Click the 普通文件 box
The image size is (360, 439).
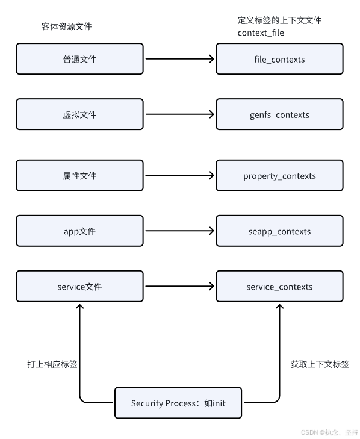click(79, 59)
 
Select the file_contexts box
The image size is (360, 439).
click(279, 59)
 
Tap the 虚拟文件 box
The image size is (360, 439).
click(79, 114)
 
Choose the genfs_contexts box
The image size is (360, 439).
click(279, 114)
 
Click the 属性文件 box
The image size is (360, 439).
click(79, 176)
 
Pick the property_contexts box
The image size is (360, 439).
click(279, 176)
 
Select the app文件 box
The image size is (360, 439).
click(79, 231)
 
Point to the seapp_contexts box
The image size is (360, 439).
click(279, 231)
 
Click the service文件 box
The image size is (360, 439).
click(79, 287)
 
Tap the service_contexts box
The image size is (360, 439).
click(279, 287)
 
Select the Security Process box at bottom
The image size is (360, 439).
click(178, 403)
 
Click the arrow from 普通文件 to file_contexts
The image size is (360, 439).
click(179, 59)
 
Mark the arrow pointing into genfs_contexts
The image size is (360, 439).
click(179, 114)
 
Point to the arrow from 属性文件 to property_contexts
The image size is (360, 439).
click(179, 176)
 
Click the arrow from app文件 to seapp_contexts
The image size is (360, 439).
click(179, 231)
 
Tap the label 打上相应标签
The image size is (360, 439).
click(52, 364)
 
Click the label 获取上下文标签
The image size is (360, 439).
click(320, 364)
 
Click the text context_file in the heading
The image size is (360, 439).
click(261, 33)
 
